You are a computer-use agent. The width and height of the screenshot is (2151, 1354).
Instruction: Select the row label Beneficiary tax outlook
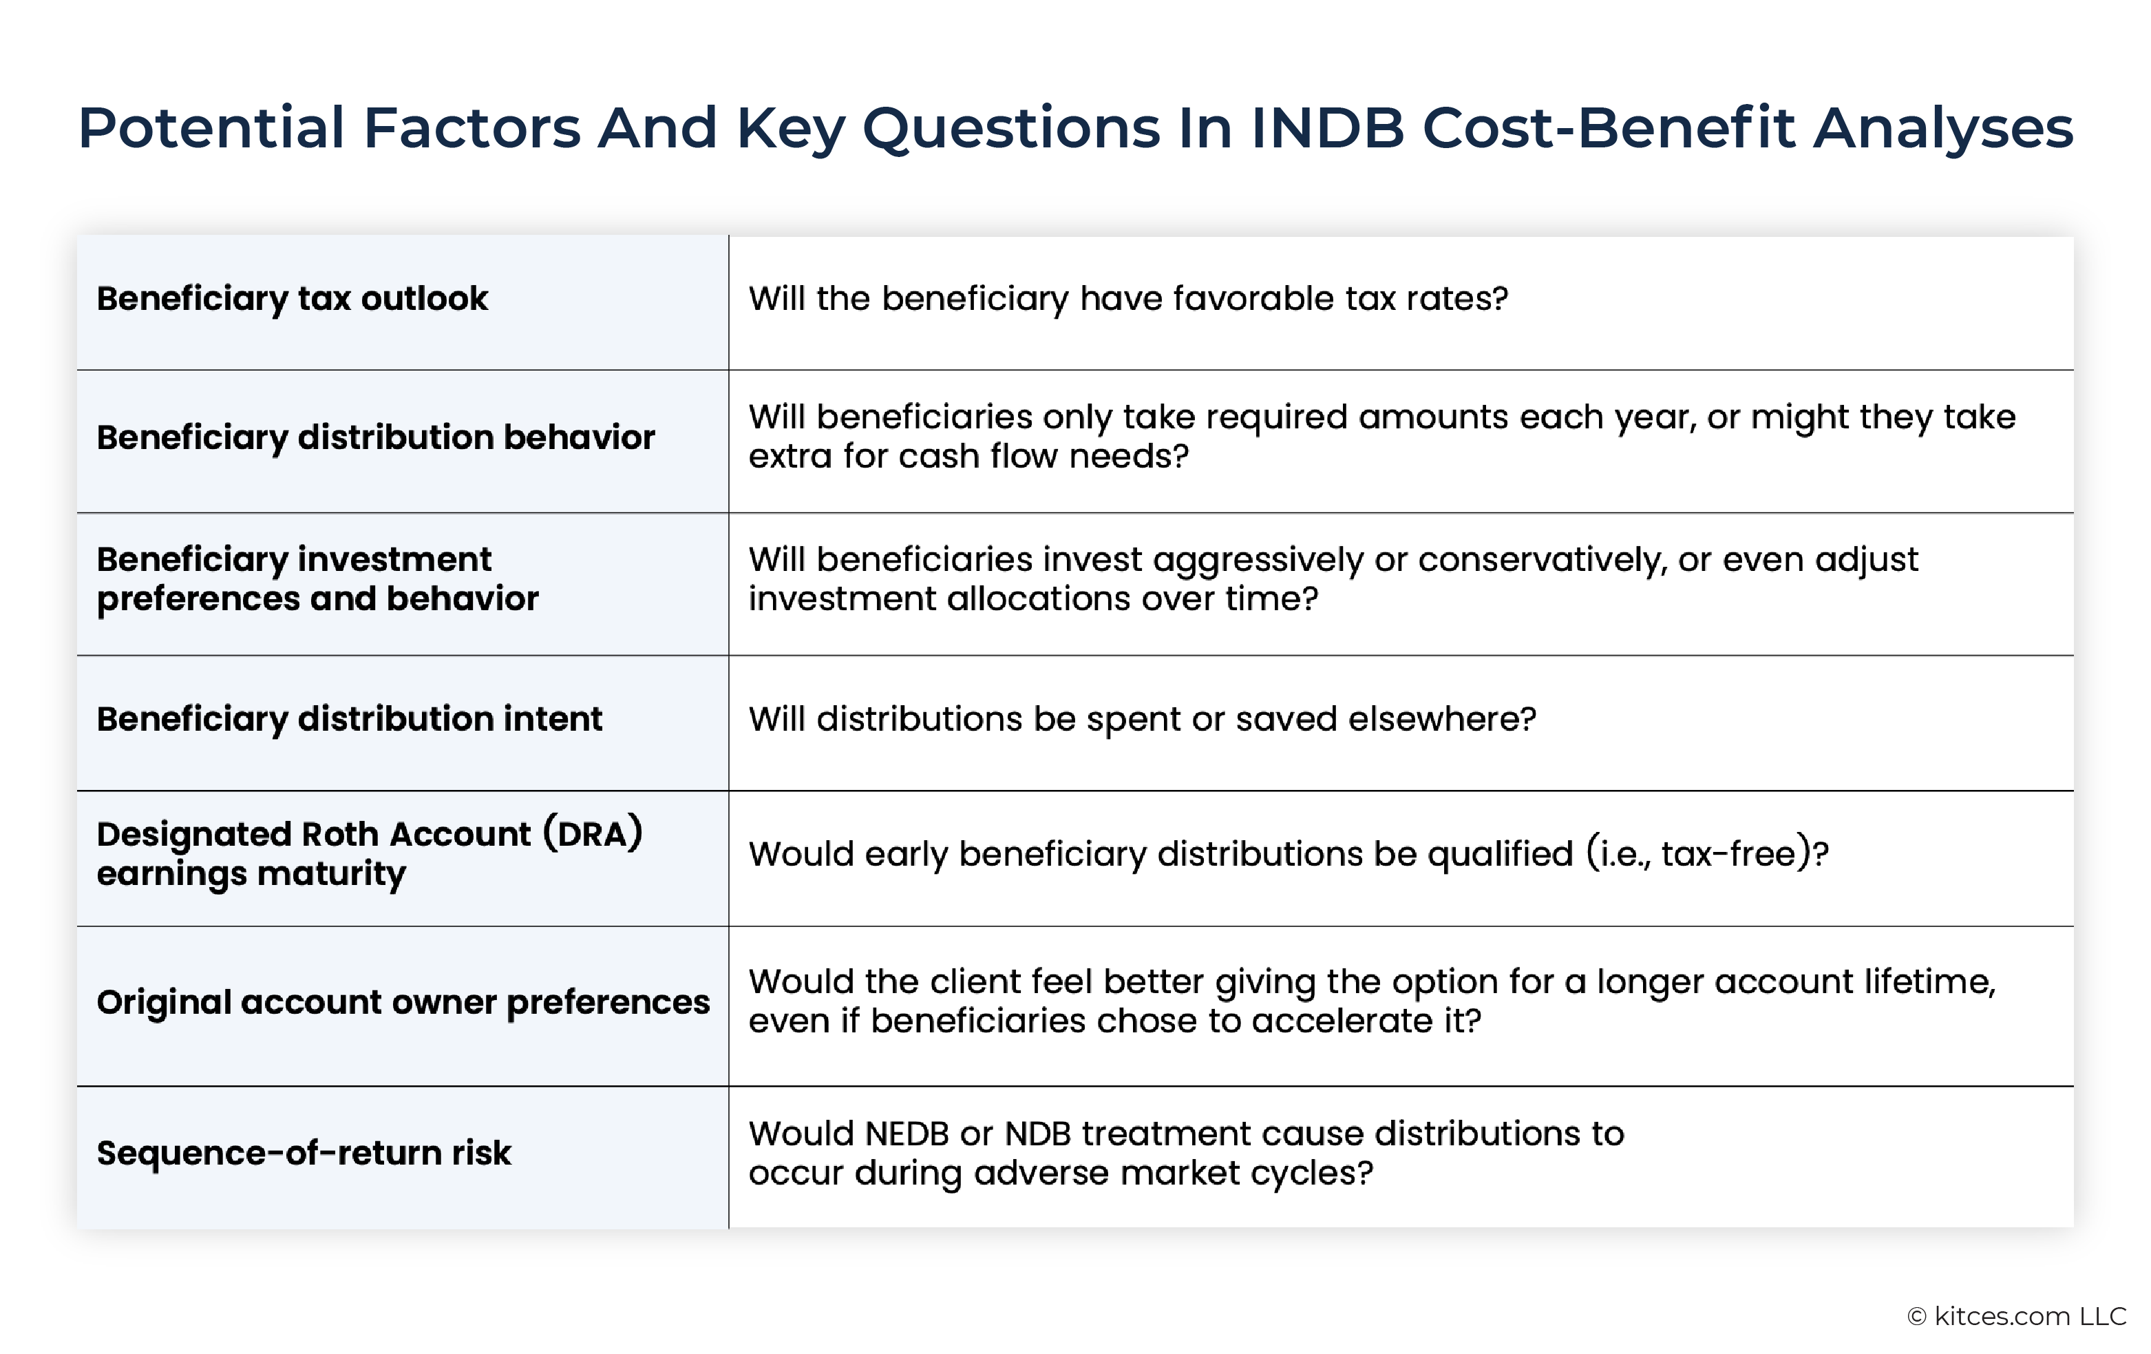tap(292, 298)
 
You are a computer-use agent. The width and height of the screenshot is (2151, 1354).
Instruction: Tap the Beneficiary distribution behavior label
tap(376, 438)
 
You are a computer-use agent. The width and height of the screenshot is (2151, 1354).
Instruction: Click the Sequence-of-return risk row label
tap(304, 1153)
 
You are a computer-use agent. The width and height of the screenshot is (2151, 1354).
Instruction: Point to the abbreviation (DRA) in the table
tap(592, 834)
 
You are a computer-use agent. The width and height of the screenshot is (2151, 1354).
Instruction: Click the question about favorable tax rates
tap(1128, 298)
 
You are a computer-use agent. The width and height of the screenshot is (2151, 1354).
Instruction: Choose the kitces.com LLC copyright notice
tap(2017, 1316)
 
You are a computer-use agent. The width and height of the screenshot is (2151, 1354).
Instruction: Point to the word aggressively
tap(1258, 561)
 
